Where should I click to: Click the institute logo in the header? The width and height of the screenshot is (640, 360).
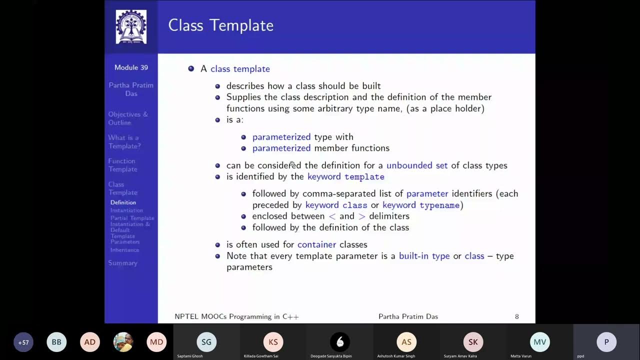131,26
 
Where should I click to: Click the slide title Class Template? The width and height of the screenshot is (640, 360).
220,25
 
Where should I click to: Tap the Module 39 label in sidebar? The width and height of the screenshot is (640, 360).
131,67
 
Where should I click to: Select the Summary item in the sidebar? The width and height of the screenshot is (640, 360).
122,263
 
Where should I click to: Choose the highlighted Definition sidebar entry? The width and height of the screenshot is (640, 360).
123,202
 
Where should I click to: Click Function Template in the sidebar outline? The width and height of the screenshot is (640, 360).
122,165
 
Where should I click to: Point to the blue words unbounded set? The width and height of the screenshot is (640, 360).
417,165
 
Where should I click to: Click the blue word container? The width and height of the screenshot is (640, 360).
316,244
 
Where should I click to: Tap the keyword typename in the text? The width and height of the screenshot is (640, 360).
439,205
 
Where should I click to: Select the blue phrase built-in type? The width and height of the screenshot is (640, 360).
424,256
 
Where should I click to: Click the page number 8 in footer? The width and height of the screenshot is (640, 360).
516,316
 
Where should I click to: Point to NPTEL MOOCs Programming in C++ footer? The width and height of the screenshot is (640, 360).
236,316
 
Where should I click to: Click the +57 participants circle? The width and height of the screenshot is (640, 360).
23,342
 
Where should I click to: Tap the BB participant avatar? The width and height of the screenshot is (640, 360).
56,342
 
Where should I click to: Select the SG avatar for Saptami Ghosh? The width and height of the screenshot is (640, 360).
206,342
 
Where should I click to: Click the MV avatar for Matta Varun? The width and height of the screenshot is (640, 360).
539,342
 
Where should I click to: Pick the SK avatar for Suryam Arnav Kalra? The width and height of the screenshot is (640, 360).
473,342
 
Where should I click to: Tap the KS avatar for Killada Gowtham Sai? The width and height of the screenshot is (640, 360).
273,342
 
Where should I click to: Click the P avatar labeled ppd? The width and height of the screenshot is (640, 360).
606,342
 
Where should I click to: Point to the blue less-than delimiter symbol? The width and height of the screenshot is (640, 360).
332,216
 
